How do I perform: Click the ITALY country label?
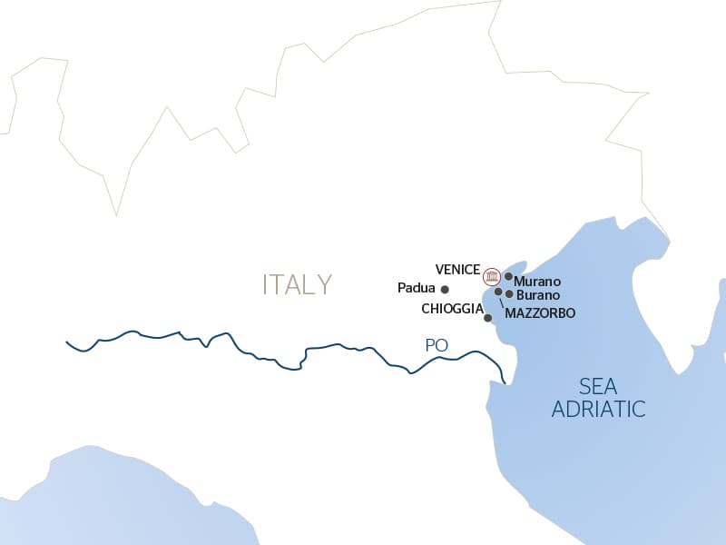[297, 284]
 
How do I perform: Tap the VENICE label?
[457, 270]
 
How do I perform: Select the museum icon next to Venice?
[491, 276]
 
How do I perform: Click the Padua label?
[417, 289]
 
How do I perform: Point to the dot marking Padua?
[445, 289]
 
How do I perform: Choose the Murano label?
[537, 282]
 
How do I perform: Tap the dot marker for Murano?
[508, 276]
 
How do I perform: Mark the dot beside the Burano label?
[509, 293]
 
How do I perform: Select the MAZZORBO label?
[539, 313]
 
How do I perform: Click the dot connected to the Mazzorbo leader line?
[498, 292]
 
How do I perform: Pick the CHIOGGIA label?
[452, 309]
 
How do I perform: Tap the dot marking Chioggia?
[488, 318]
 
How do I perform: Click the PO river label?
[437, 345]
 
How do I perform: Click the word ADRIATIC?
[599, 409]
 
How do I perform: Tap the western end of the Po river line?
[68, 342]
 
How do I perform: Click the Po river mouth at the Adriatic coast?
[505, 383]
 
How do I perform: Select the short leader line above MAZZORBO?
[502, 302]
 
